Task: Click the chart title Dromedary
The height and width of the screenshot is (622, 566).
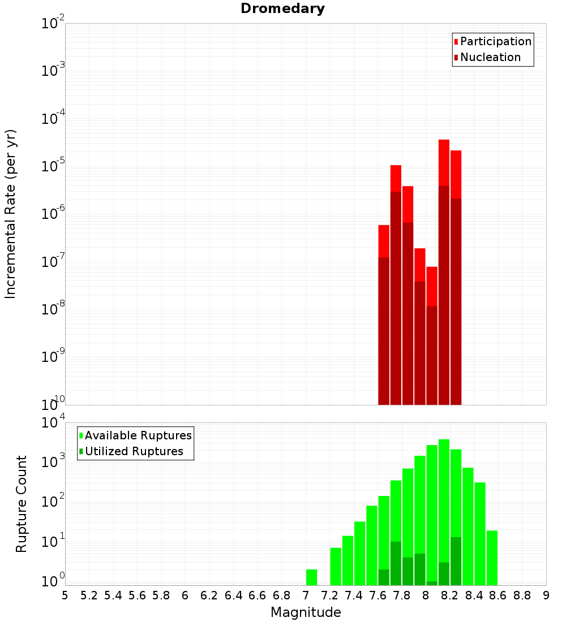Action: coord(282,8)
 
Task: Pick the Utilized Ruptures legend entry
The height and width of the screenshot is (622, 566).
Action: coord(133,451)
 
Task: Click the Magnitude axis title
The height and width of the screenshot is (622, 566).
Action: coord(306,612)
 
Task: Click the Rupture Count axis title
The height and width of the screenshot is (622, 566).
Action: coord(22,504)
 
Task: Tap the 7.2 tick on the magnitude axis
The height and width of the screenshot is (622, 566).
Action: coord(330,595)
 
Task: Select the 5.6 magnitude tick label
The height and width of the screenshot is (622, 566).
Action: coord(138,595)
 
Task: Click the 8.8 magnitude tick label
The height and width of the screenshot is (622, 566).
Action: coord(522,595)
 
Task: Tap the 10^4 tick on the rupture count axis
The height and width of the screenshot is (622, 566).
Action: coord(53,423)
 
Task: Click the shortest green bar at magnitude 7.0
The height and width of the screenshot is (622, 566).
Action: coord(311,577)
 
